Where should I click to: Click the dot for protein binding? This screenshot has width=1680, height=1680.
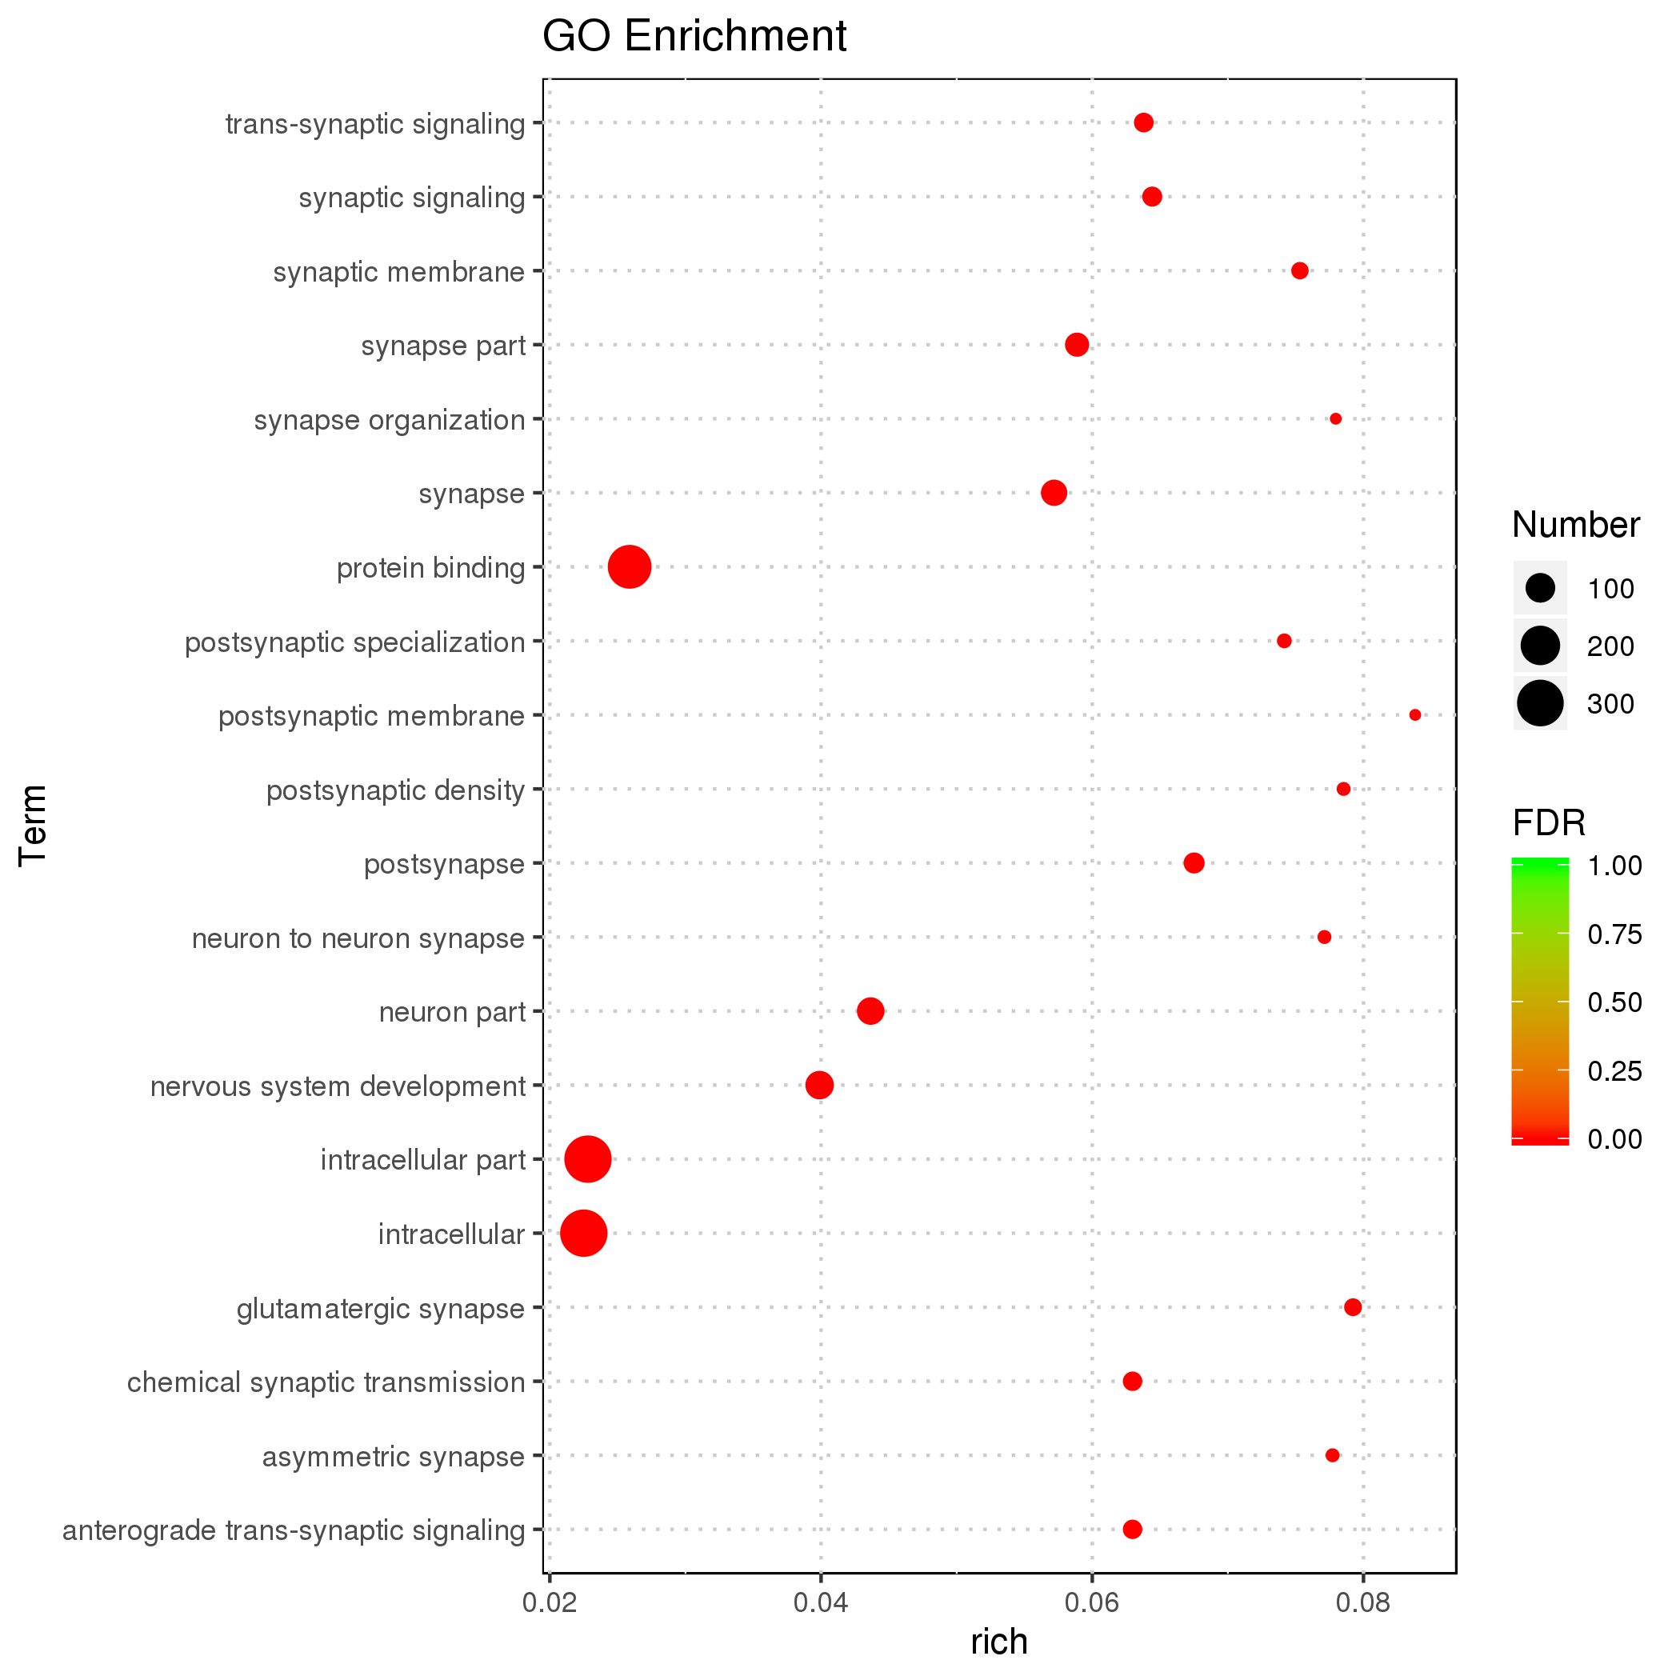[x=629, y=567]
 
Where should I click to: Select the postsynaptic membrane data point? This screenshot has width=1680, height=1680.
[x=1414, y=714]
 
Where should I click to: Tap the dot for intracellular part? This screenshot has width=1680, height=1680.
[x=588, y=1159]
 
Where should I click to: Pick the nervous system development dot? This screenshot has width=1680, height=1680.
[x=819, y=1086]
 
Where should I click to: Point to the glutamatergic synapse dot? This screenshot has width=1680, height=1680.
[x=1352, y=1307]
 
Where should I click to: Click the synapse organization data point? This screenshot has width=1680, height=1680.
[x=1336, y=419]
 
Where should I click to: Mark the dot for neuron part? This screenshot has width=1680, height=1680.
[x=870, y=1011]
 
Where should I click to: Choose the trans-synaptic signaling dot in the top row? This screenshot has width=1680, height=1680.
[x=1143, y=122]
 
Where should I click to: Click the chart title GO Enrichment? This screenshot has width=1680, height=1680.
[x=694, y=37]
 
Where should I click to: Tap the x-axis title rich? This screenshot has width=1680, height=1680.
[x=999, y=1641]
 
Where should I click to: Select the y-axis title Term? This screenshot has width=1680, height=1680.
[x=33, y=824]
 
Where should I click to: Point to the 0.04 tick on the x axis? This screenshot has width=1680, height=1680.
[x=819, y=1602]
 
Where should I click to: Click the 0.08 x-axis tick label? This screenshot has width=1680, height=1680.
[x=1362, y=1602]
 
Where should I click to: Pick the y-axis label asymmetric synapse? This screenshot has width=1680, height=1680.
[x=393, y=1456]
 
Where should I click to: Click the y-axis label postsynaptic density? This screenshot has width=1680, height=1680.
[x=396, y=790]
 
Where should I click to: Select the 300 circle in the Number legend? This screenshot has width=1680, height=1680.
[x=1539, y=703]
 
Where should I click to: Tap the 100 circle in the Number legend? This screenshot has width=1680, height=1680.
[x=1539, y=589]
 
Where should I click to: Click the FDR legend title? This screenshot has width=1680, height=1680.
[x=1549, y=822]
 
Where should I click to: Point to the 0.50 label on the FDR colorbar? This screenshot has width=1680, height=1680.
[x=1614, y=1002]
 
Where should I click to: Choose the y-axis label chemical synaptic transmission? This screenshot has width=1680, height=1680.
[x=326, y=1382]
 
